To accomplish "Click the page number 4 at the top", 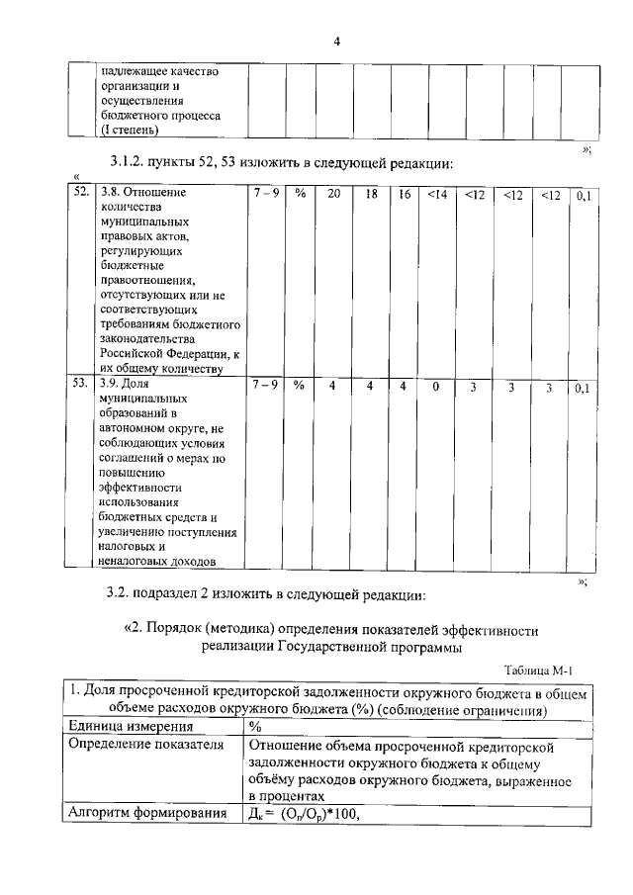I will [x=336, y=42].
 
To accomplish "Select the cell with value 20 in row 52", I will [x=334, y=195].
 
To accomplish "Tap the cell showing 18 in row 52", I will [x=371, y=195].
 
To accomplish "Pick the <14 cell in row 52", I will [x=437, y=195].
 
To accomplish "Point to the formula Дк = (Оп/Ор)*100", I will [x=302, y=815].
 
